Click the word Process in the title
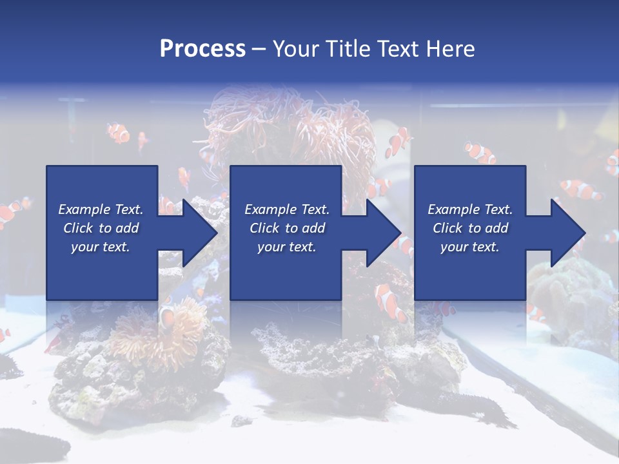click(x=202, y=49)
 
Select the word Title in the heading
click(x=351, y=49)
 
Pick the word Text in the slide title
click(x=398, y=49)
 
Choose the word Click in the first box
click(x=79, y=228)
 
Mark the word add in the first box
click(x=128, y=228)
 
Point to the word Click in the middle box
click(x=265, y=228)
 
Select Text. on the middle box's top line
click(x=312, y=209)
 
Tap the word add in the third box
click(x=497, y=228)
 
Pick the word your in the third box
click(x=454, y=247)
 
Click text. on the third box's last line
click(x=486, y=247)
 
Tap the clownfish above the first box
click(x=118, y=133)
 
